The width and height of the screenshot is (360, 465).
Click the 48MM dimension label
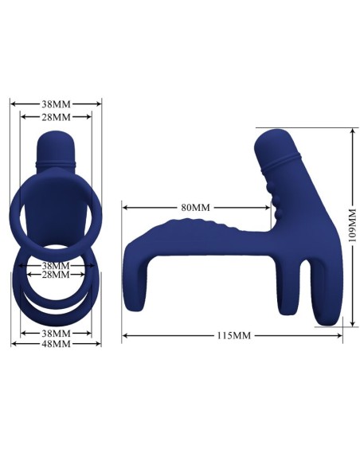coord(56,344)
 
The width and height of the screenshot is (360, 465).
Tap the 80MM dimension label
coord(195,207)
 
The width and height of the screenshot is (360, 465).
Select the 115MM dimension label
coord(233,336)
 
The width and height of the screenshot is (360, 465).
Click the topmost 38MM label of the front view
coord(56,103)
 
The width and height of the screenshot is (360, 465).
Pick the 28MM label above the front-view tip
coord(56,116)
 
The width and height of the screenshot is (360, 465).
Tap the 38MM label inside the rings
coord(56,265)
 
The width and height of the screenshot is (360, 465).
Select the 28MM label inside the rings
coord(56,275)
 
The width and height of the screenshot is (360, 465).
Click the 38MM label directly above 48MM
coord(56,334)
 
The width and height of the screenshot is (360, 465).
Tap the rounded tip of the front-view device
coord(56,143)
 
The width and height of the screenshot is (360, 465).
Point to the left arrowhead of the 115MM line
coord(125,336)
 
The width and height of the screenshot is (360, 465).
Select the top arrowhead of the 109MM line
coord(351,130)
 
